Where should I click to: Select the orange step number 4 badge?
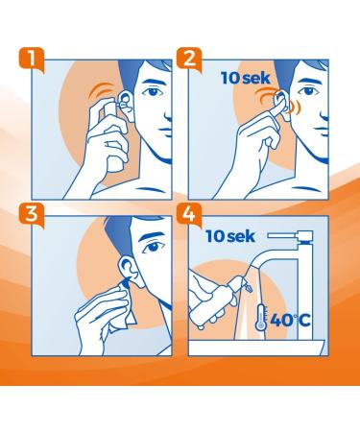(x=193, y=217)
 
